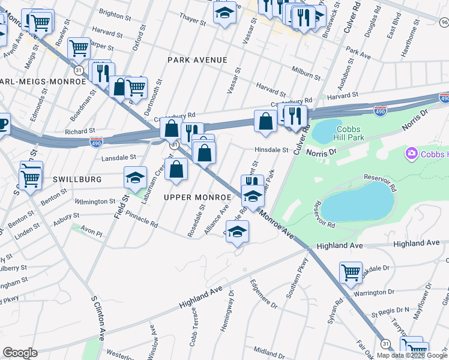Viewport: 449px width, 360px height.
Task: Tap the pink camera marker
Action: click(412, 154)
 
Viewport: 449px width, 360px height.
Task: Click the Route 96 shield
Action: click(444, 22)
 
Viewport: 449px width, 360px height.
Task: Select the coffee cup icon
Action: click(3, 124)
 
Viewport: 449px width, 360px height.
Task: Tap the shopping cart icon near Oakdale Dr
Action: click(350, 272)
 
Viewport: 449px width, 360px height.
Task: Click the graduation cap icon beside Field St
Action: click(136, 176)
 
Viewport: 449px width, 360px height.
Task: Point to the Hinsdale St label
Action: click(271, 151)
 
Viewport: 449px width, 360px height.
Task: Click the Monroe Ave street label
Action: click(277, 226)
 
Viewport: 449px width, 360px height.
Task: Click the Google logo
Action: click(20, 353)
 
